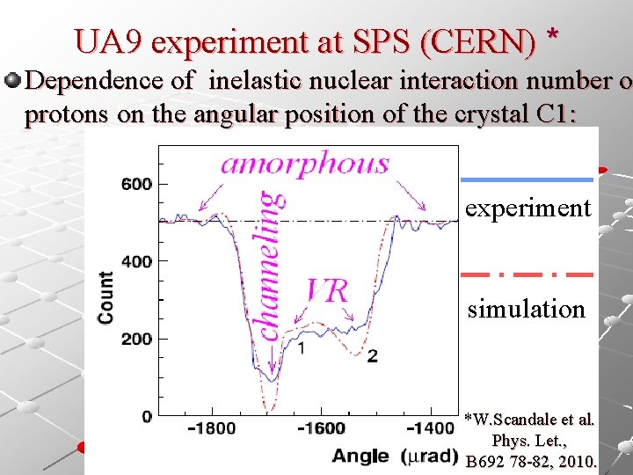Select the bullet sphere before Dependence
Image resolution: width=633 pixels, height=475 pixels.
point(12,81)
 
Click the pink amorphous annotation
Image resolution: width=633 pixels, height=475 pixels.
point(304,164)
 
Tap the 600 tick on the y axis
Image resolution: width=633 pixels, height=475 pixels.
point(137,184)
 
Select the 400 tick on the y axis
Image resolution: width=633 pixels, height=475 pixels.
point(137,261)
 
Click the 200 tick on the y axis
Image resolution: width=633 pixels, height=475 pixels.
point(137,339)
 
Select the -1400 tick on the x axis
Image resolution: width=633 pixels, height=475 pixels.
point(430,428)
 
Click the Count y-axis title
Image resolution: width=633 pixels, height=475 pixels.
point(106,297)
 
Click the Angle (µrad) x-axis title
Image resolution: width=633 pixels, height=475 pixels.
point(394,456)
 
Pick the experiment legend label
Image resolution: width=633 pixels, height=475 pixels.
point(527,208)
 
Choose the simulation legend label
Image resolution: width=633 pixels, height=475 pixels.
point(526,310)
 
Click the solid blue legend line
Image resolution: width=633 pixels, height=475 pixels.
point(527,179)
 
